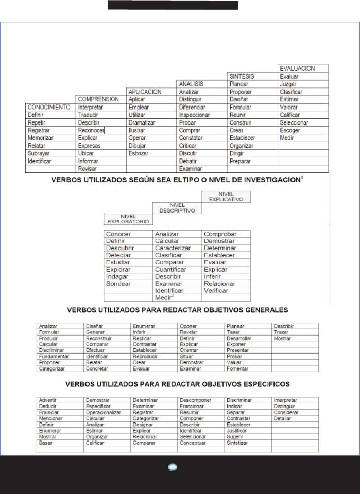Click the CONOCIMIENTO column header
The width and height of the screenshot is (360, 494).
point(49,107)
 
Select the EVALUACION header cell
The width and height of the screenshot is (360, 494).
point(297,68)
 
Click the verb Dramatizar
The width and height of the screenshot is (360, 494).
point(142,122)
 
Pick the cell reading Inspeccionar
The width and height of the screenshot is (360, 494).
point(194,115)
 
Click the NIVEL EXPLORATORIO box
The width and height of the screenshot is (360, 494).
point(128,219)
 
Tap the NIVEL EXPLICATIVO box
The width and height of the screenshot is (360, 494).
point(226,196)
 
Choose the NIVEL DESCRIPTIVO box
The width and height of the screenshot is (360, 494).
point(177,207)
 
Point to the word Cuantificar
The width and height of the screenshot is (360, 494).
point(170,269)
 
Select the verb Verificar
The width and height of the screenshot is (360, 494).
point(215,291)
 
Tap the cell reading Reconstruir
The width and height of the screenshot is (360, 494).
point(99,339)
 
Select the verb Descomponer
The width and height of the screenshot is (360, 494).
point(195,400)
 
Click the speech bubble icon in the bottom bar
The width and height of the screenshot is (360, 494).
point(173,467)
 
